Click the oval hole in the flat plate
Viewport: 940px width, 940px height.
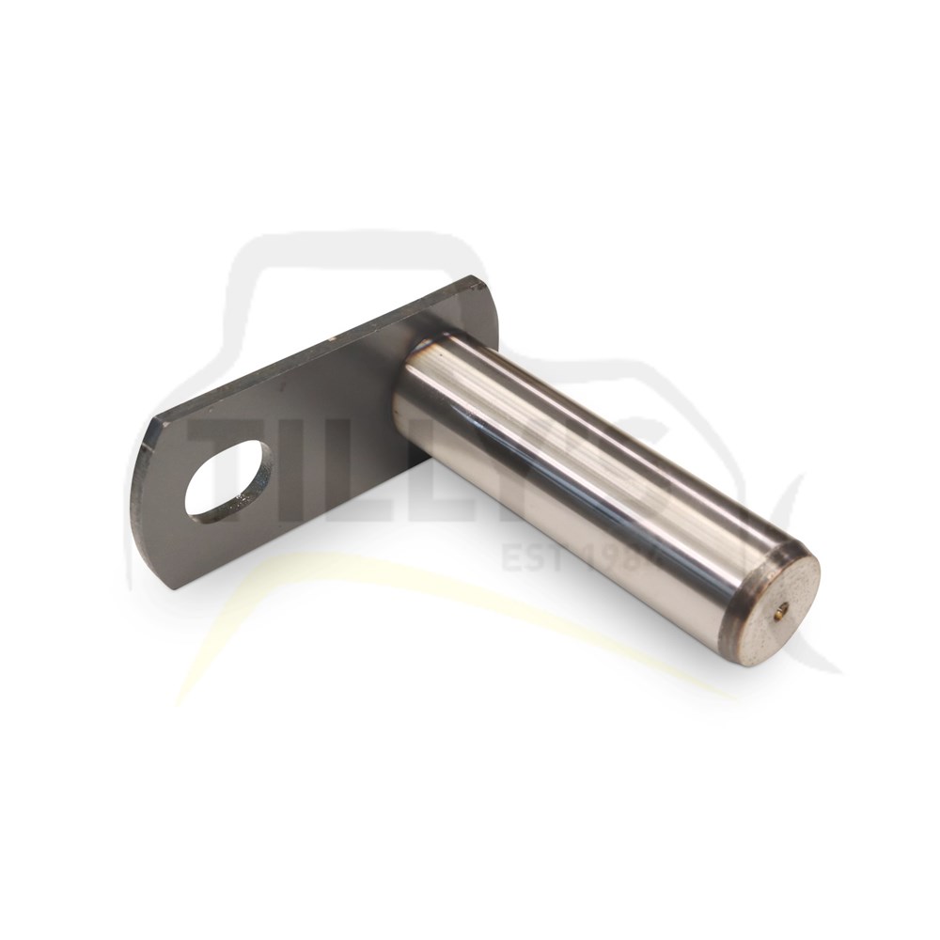[x=226, y=479]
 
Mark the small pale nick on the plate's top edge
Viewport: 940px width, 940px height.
[x=331, y=337]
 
